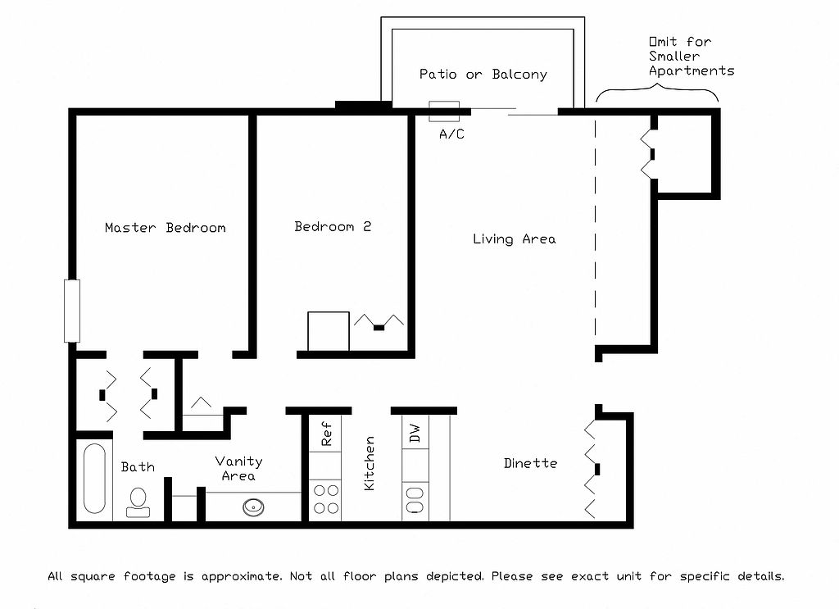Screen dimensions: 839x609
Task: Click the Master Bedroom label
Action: [165, 228]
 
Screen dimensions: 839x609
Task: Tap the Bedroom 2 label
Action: [333, 226]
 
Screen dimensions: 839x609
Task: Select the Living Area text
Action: [514, 239]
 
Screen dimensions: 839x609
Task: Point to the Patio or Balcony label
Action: [483, 75]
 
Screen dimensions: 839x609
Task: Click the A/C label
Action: [451, 134]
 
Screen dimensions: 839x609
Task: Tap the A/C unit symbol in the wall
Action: [444, 111]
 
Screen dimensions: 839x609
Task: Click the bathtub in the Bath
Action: [95, 479]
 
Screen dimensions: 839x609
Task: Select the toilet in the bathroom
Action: [138, 502]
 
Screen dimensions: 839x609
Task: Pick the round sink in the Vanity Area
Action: [254, 507]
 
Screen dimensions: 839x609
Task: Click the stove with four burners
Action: [326, 499]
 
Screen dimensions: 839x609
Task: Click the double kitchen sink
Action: [415, 499]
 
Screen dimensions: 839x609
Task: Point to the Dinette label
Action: [530, 463]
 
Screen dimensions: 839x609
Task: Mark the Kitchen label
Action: [370, 463]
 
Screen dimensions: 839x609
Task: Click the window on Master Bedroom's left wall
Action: [72, 311]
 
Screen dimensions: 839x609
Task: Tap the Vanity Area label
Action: [238, 469]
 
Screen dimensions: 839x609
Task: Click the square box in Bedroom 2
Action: [329, 331]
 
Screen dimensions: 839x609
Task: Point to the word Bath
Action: [138, 467]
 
